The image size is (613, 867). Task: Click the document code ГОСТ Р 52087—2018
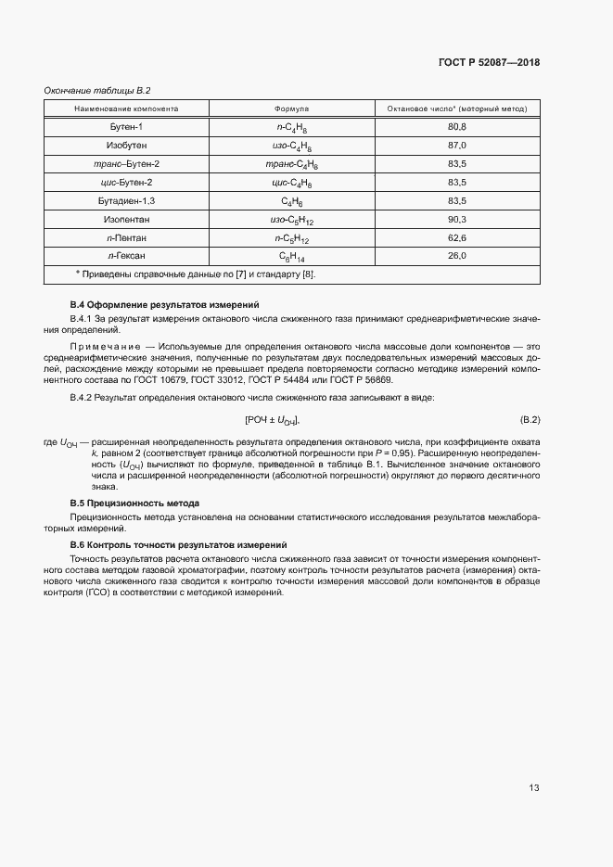[x=489, y=62]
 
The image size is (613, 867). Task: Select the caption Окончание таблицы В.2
[x=97, y=90]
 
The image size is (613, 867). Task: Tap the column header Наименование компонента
[x=126, y=108]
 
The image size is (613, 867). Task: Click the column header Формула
[x=291, y=108]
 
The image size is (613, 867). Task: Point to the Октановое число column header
[x=456, y=108]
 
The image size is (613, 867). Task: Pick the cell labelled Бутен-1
[x=127, y=126]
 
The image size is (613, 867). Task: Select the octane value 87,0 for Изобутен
[x=456, y=146]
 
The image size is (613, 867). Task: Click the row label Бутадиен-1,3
[x=127, y=200]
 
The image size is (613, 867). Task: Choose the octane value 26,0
[x=456, y=255]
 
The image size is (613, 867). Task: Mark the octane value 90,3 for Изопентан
[x=456, y=219]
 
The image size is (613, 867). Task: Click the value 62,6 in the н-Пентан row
[x=456, y=237]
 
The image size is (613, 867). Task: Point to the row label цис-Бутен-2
[x=127, y=182]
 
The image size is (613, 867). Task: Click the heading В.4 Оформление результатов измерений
[x=165, y=304]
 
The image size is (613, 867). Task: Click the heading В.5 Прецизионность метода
[x=135, y=503]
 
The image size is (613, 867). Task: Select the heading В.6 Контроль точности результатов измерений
[x=179, y=544]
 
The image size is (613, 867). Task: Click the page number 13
[x=533, y=787]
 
